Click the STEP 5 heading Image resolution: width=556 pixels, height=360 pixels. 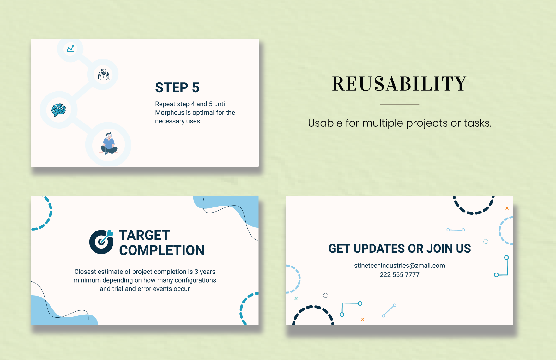177,87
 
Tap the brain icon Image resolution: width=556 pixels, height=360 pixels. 59,110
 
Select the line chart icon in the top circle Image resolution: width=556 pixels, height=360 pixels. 70,49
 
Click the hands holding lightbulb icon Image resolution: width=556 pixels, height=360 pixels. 103,75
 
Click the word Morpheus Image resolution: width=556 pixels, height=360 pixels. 170,113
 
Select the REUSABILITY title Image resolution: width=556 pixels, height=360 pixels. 399,84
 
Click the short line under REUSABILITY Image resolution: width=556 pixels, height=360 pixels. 399,105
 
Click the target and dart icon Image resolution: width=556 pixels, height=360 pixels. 101,242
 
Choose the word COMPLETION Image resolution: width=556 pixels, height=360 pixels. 162,250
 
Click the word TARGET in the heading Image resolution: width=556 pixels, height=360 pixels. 144,235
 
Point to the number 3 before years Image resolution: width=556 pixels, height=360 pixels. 196,272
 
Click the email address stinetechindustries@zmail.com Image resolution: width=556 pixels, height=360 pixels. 399,266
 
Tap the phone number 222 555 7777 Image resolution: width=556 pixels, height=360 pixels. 399,275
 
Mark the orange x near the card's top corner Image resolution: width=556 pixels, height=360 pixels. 507,208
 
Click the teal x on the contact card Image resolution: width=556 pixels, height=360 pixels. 296,298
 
